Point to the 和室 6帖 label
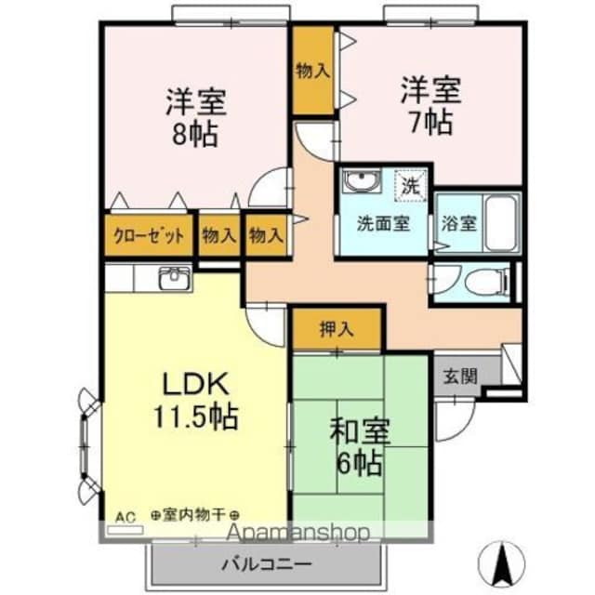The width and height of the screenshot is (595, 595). click(360, 445)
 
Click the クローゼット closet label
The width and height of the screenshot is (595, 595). click(149, 235)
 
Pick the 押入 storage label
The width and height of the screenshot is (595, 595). click(337, 329)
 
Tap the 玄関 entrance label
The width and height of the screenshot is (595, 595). click(458, 377)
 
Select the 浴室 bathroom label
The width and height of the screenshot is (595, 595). click(458, 224)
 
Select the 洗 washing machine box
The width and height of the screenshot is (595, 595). click(410, 184)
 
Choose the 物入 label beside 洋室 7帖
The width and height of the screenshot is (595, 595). click(312, 71)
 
